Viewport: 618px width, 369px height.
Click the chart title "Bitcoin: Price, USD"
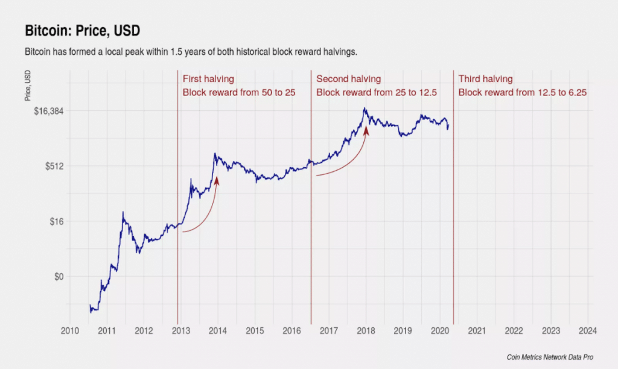coord(83,30)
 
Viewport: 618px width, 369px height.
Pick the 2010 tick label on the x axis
coord(69,330)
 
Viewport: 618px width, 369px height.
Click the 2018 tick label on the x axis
coord(366,330)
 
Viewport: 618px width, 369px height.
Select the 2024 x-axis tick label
coord(588,330)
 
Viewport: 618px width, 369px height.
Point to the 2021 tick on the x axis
coord(477,330)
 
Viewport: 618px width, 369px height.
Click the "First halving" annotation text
coord(208,79)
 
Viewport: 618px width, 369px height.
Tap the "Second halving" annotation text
coord(349,79)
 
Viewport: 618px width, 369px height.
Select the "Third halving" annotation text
coord(486,79)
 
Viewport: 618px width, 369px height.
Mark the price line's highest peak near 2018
coord(365,109)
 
